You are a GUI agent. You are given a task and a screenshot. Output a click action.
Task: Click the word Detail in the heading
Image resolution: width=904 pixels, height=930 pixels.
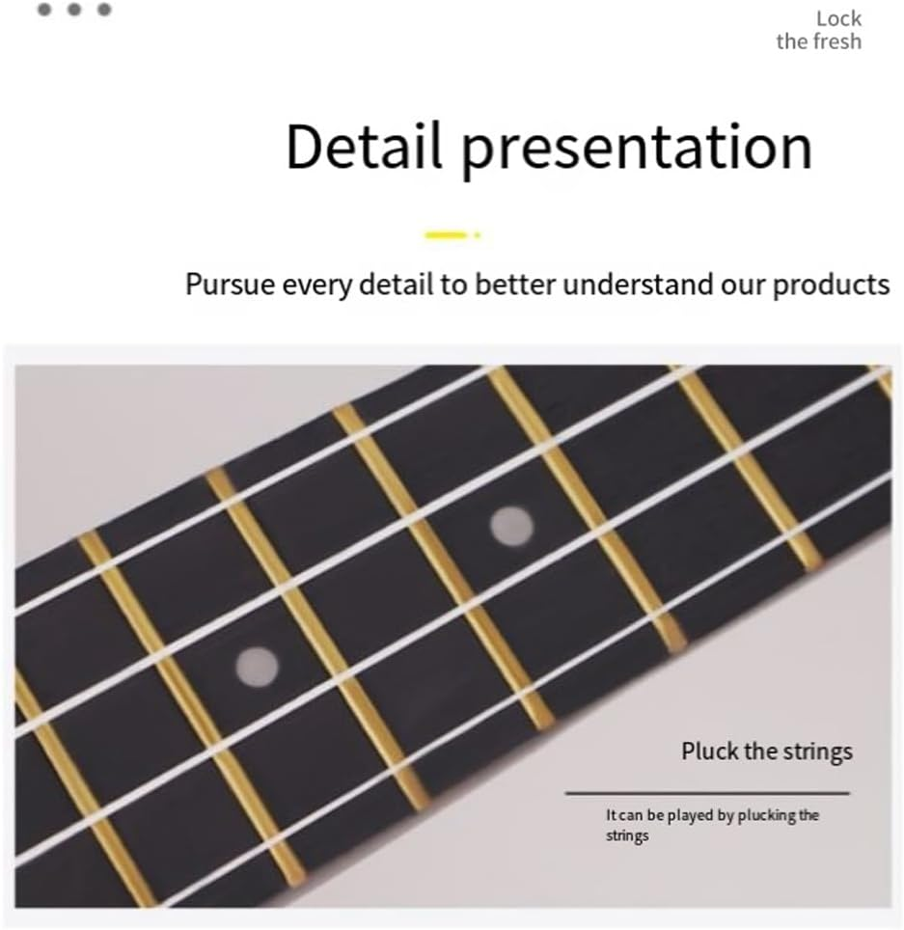[x=364, y=147]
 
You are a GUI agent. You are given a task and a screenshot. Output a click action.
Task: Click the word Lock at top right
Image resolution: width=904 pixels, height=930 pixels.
[x=838, y=18]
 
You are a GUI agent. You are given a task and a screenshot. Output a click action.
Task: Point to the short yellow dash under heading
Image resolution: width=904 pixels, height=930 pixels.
[x=447, y=234]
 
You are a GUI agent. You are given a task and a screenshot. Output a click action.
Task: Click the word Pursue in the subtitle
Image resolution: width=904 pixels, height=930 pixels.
[x=230, y=286]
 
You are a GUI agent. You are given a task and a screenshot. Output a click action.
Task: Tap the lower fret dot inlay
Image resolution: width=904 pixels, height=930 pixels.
[x=257, y=665]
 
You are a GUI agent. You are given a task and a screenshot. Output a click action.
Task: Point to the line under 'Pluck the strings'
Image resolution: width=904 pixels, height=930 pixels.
[x=706, y=793]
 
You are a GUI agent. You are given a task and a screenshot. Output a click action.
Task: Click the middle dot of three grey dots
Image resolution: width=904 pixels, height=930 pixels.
[x=74, y=10]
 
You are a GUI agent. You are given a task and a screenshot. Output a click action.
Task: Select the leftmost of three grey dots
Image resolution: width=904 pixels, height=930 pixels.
[x=45, y=10]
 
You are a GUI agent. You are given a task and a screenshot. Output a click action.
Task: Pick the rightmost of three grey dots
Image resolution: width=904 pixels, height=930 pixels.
[x=104, y=10]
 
